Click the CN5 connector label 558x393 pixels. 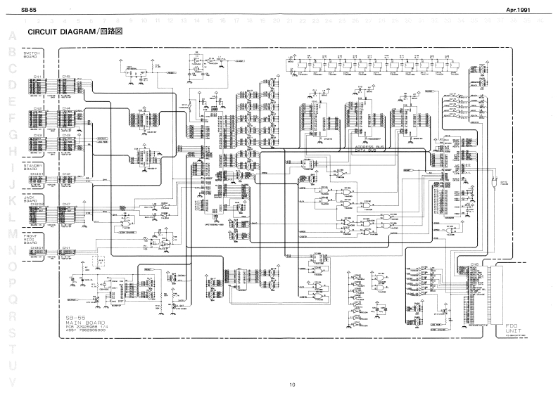65,75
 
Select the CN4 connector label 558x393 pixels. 65,108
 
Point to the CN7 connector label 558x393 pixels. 65,205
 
